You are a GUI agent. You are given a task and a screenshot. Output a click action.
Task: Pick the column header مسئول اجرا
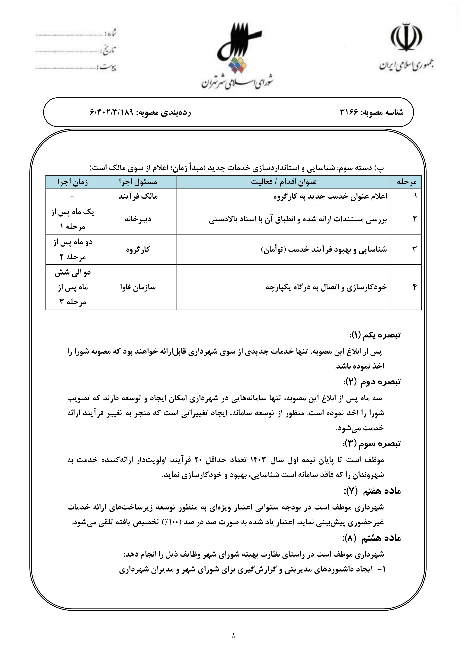(138, 182)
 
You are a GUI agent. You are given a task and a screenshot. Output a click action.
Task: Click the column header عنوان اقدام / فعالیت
(284, 182)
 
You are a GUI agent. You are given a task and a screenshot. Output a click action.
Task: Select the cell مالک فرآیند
(138, 196)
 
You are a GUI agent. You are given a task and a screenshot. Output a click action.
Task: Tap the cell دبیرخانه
(138, 219)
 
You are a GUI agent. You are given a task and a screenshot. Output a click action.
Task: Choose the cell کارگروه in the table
(138, 249)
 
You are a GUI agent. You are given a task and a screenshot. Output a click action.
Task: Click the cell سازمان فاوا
(138, 287)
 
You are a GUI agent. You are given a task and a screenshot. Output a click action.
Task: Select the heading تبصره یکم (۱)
(375, 335)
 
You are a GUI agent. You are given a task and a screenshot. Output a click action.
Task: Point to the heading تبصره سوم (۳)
(372, 444)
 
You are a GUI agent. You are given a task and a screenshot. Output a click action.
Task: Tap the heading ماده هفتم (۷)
(372, 491)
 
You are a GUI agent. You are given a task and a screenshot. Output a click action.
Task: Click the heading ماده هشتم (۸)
(372, 538)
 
